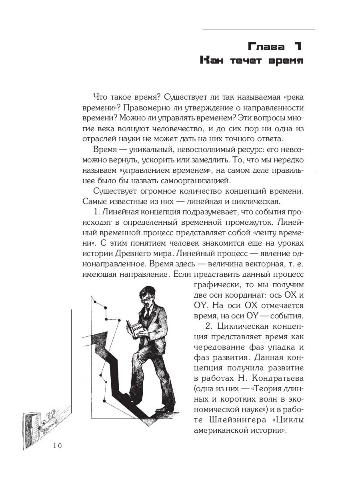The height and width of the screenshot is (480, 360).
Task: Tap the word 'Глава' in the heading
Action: pyautogui.click(x=260, y=47)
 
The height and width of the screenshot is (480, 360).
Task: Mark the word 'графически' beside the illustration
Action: pyautogui.click(x=216, y=286)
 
